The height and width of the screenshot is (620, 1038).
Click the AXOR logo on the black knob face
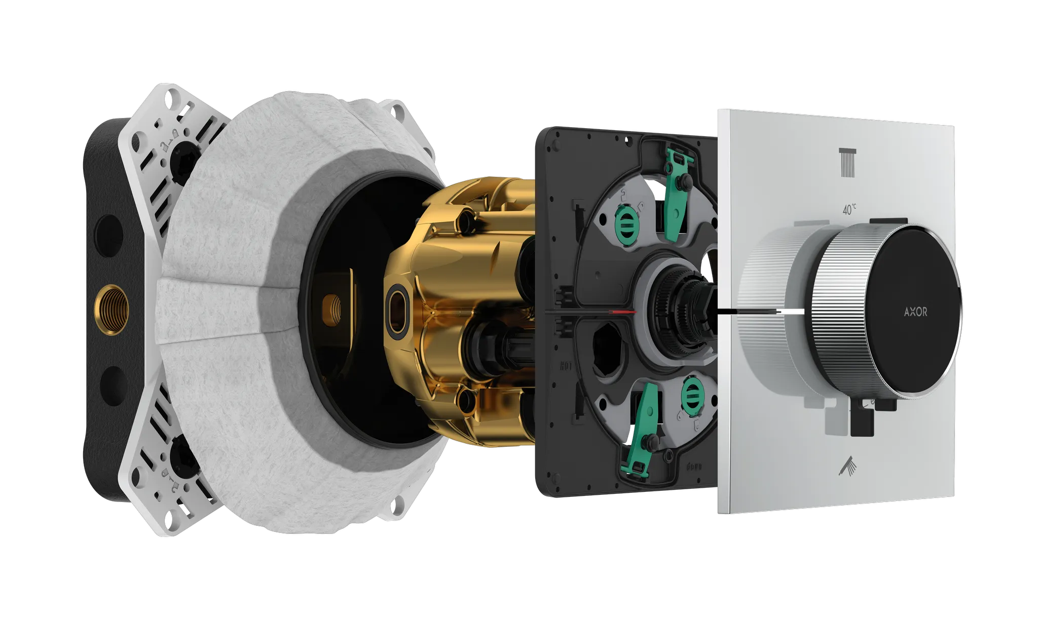pos(915,312)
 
